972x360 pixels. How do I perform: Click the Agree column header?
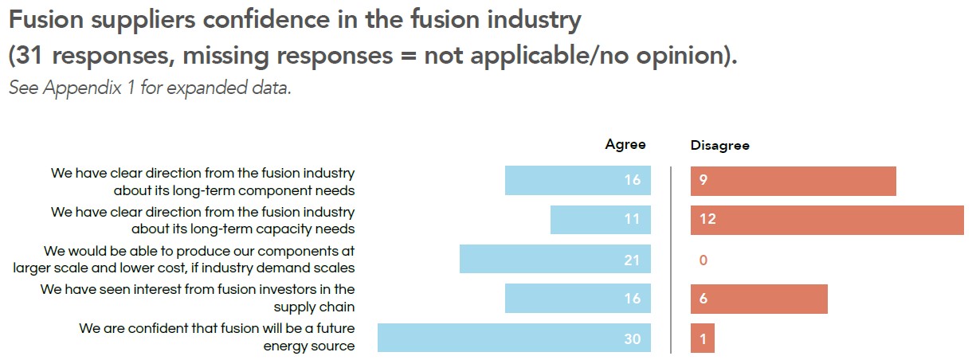click(625, 144)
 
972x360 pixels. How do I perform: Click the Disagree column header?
click(720, 145)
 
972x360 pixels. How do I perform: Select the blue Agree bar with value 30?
click(514, 338)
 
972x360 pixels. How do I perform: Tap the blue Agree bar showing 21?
click(555, 259)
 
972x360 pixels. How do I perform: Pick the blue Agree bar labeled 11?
click(601, 220)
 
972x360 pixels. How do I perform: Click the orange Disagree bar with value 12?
click(827, 221)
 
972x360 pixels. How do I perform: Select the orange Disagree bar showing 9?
click(794, 181)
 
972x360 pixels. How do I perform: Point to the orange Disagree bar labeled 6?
click(759, 299)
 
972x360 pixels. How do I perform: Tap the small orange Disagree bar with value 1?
click(703, 338)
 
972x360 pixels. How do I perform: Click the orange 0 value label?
click(704, 260)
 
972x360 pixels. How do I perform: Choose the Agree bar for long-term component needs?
click(578, 181)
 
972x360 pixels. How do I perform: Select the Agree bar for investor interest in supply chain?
click(578, 299)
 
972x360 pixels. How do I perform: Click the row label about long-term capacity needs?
click(202, 221)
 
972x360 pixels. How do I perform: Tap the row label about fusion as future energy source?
click(217, 337)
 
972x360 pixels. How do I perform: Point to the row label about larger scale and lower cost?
click(183, 260)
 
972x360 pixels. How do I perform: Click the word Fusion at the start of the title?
click(46, 20)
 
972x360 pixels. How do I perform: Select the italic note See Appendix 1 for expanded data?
click(150, 88)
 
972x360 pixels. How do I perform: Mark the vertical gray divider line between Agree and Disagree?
click(671, 260)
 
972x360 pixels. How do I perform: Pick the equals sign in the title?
click(409, 57)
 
